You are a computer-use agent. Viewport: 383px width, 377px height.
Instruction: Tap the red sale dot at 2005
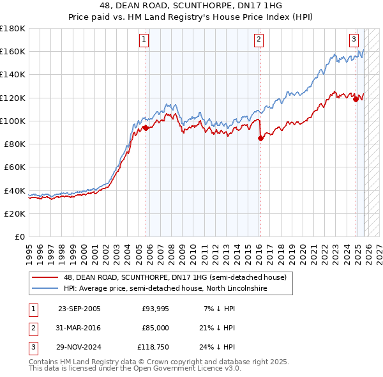click(x=146, y=128)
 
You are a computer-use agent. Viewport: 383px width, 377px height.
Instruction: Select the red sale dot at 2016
click(x=260, y=138)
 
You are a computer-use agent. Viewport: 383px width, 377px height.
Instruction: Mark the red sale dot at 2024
click(x=356, y=99)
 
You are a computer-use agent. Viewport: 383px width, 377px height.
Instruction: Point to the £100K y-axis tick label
click(x=12, y=121)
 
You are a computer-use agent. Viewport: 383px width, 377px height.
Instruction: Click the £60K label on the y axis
click(x=14, y=167)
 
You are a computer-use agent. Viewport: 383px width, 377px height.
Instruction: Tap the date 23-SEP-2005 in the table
click(x=79, y=309)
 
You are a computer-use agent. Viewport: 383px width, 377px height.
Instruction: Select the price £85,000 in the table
click(x=155, y=328)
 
